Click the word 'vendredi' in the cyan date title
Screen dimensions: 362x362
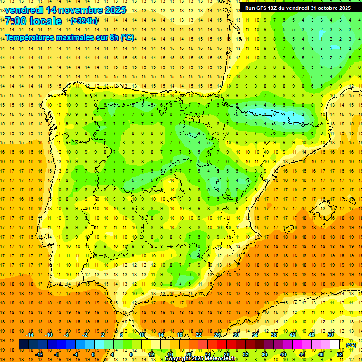[x=24, y=10]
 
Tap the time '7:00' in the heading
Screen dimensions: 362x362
[x=15, y=21]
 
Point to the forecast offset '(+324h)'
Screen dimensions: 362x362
[x=83, y=21]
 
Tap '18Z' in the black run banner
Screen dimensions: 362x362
[x=274, y=8]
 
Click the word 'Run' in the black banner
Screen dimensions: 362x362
[x=250, y=8]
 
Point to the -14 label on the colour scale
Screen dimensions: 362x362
[x=30, y=335]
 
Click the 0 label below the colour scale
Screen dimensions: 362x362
[x=93, y=354]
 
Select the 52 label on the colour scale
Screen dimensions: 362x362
[x=340, y=354]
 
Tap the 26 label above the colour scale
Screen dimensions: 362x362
[x=217, y=335]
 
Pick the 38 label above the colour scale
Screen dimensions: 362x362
[x=274, y=335]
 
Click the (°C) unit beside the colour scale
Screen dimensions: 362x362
[x=351, y=345]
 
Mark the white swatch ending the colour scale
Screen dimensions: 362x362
[x=335, y=345]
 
